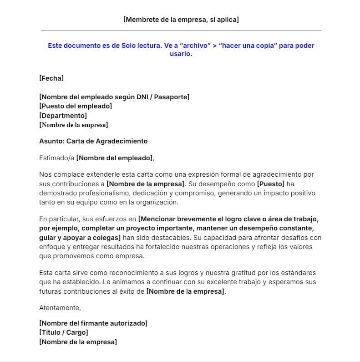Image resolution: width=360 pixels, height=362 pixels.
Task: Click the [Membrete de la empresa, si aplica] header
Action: [x=181, y=20]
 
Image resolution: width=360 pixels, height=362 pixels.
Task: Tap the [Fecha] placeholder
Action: [x=51, y=78]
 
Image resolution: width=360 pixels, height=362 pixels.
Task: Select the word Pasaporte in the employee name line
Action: [x=172, y=97]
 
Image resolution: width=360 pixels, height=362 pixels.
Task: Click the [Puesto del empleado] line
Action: [x=76, y=106]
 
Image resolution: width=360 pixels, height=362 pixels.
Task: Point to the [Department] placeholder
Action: [x=63, y=116]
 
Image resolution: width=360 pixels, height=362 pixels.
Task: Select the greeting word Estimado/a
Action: [x=57, y=158]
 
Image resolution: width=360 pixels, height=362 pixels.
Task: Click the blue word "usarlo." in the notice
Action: [x=181, y=54]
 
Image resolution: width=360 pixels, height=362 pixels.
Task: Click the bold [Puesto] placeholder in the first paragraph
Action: [x=270, y=184]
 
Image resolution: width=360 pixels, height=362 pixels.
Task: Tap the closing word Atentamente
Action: [x=60, y=308]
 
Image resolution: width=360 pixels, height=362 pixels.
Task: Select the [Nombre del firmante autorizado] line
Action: [x=93, y=323]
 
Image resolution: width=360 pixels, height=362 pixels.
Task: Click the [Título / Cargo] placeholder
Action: [x=64, y=332]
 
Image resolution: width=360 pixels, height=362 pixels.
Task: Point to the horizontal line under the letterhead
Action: [x=181, y=30]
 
